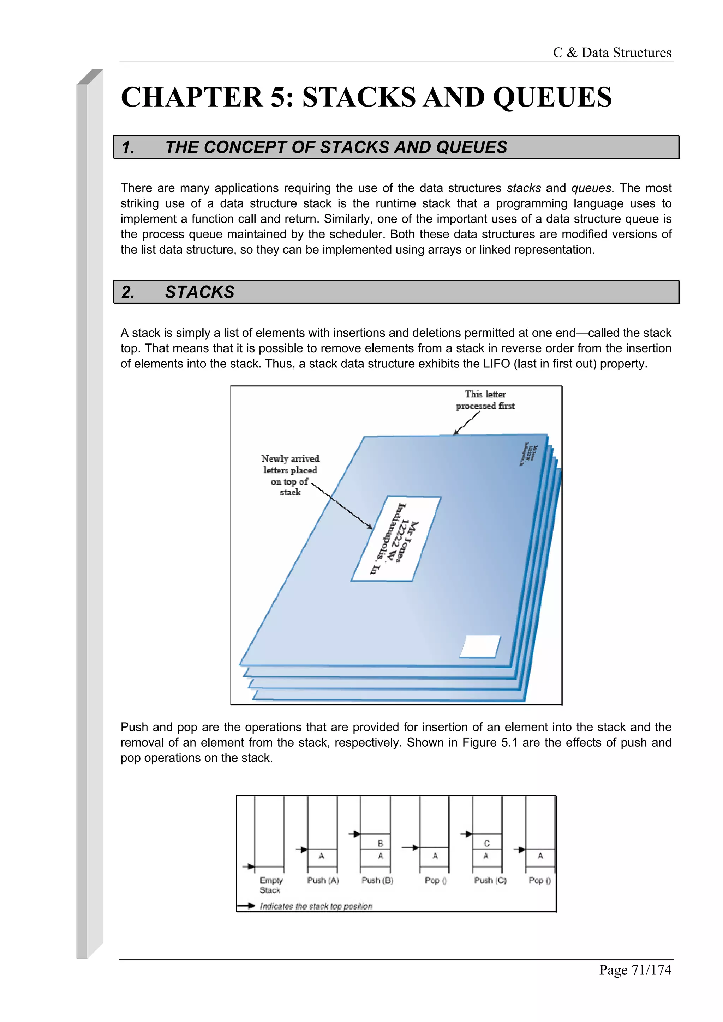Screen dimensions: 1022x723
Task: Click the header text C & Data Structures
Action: [x=612, y=53]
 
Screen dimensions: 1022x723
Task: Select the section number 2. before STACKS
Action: [x=128, y=292]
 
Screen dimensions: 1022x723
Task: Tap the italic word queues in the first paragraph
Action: [x=591, y=188]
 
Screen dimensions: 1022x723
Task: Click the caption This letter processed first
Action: [x=485, y=400]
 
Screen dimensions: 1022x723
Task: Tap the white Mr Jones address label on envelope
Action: [x=396, y=539]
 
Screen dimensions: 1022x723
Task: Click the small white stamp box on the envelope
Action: [x=480, y=646]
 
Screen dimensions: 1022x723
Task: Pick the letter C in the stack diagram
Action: [x=486, y=843]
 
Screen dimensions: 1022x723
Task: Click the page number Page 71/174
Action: [x=635, y=969]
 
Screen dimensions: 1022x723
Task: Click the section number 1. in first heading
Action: [x=128, y=147]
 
